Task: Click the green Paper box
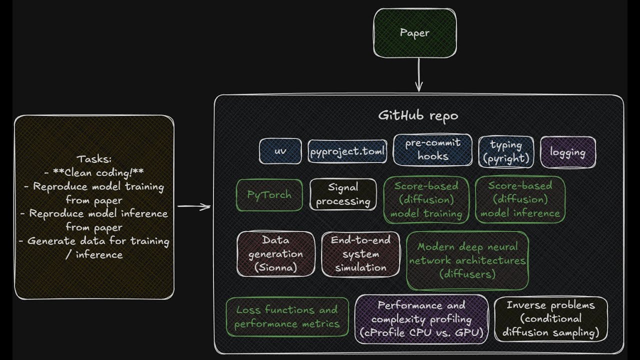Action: (x=415, y=33)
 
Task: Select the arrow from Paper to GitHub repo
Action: (x=419, y=75)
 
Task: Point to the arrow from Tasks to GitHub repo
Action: (x=194, y=206)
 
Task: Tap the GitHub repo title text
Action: (x=418, y=115)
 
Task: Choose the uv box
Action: (x=280, y=151)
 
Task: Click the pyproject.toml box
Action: (x=347, y=151)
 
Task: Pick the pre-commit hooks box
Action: (x=432, y=149)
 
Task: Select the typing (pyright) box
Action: (x=506, y=151)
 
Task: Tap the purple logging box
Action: (x=568, y=152)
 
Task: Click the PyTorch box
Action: (x=269, y=195)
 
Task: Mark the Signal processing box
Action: (x=343, y=194)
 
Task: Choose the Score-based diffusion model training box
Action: (x=426, y=199)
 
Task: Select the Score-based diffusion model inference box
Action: (x=520, y=199)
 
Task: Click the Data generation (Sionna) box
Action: (x=275, y=254)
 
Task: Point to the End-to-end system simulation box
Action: (x=360, y=254)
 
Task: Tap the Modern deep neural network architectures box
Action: (x=467, y=260)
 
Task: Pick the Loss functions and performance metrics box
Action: (x=287, y=317)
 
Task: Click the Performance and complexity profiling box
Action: (x=421, y=319)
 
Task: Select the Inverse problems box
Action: (x=551, y=319)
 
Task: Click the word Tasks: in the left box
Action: (x=94, y=159)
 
